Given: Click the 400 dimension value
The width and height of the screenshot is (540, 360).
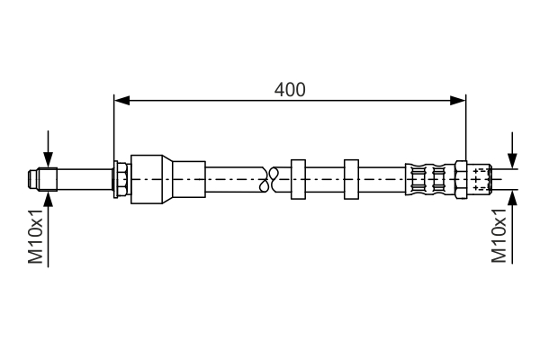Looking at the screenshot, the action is pyautogui.click(x=290, y=90).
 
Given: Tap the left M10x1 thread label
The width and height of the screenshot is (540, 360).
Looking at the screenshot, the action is pyautogui.click(x=35, y=236).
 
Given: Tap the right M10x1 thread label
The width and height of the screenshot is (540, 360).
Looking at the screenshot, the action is pyautogui.click(x=499, y=235).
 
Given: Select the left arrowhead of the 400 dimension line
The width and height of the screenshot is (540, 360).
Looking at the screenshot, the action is pyautogui.click(x=121, y=101).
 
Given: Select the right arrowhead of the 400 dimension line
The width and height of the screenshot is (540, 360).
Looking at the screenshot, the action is pyautogui.click(x=458, y=101).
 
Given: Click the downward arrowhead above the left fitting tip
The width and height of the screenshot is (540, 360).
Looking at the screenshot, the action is pyautogui.click(x=49, y=159).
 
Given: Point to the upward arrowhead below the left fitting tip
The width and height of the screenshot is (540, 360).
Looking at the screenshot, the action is pyautogui.click(x=49, y=199).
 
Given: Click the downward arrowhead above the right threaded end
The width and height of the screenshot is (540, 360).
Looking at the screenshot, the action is pyautogui.click(x=513, y=160).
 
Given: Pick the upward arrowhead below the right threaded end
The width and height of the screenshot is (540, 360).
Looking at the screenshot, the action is pyautogui.click(x=513, y=197).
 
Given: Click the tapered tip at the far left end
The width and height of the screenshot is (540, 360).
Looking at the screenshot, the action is pyautogui.click(x=33, y=179).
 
